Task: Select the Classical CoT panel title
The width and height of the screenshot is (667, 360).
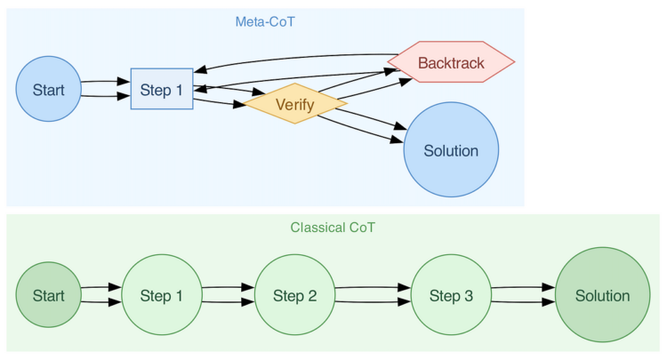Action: [x=333, y=228]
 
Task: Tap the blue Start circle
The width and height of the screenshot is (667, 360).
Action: [x=48, y=89]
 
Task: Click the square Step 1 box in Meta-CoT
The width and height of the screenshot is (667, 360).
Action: [x=162, y=89]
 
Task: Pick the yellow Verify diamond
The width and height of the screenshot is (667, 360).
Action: [x=294, y=104]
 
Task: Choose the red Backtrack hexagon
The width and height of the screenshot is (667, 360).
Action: [x=452, y=62]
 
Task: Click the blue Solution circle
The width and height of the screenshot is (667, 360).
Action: [x=451, y=150]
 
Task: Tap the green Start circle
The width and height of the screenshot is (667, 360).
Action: [x=48, y=295]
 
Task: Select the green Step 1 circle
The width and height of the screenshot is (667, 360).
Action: [x=161, y=295]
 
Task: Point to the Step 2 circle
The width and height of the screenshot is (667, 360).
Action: [x=294, y=295]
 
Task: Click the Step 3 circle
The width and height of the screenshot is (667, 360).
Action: [x=451, y=295]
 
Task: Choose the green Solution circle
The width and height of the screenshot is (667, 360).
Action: [x=602, y=295]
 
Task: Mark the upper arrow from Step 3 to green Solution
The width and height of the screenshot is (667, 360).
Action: [x=523, y=287]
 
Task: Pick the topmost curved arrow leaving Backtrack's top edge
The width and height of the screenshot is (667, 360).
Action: [x=293, y=58]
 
